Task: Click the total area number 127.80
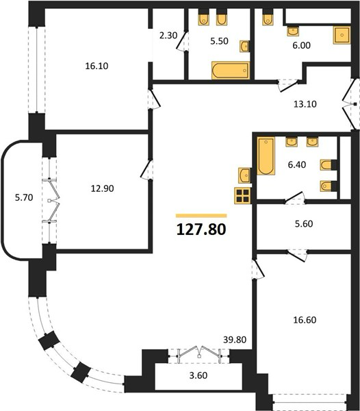[x=201, y=229]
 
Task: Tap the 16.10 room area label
[x=97, y=66]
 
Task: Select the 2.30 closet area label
[x=168, y=35]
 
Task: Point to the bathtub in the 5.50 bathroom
[x=231, y=71]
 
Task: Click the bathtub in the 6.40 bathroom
[x=266, y=156]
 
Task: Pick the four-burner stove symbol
[x=243, y=195]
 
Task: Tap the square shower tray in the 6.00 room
[x=342, y=35]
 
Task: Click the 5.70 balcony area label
[x=24, y=197]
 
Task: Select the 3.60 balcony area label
[x=198, y=375]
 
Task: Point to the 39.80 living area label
[x=235, y=340]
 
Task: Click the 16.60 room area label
[x=305, y=320]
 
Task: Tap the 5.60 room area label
[x=304, y=224]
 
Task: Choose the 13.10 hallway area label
[x=305, y=104]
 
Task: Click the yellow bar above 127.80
[x=201, y=216]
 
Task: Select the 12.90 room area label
[x=102, y=188]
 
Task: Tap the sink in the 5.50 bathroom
[x=244, y=47]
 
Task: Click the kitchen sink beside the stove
[x=244, y=175]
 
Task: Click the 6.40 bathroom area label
[x=297, y=165]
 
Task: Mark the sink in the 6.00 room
[x=294, y=32]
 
